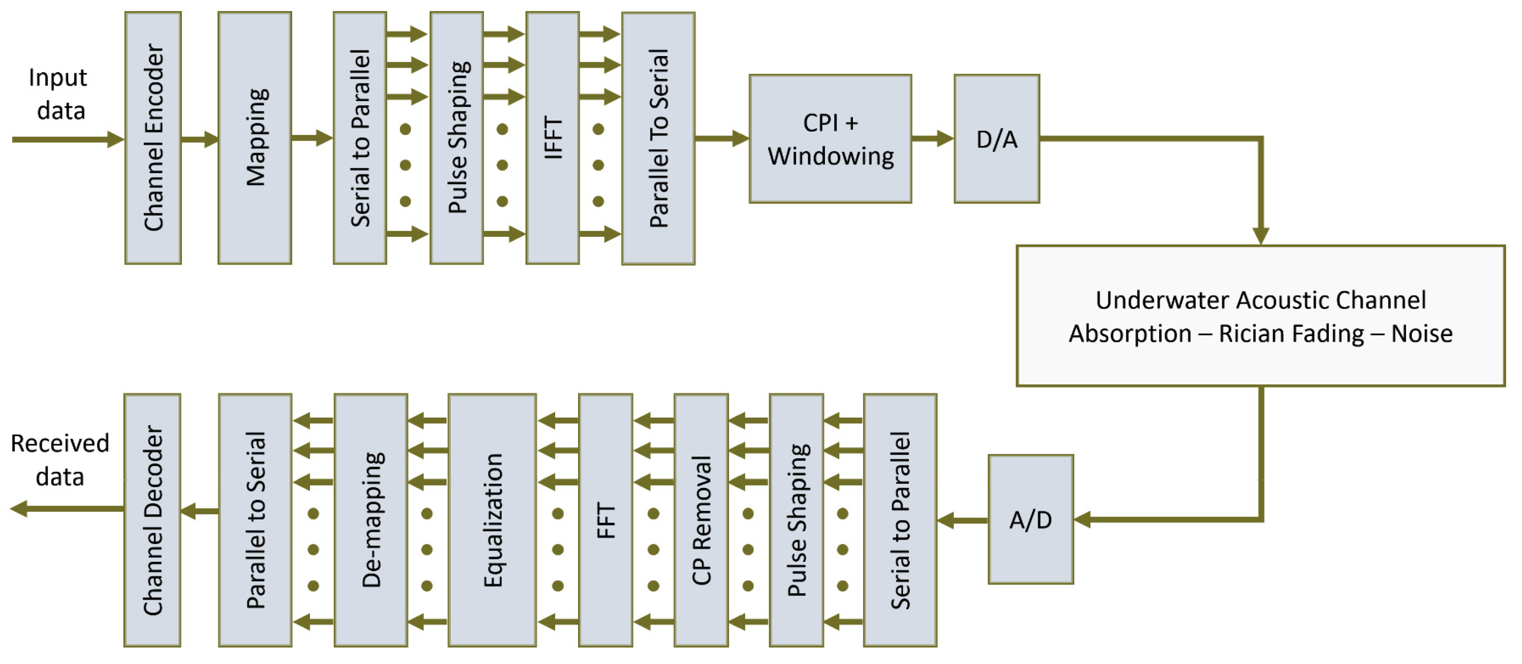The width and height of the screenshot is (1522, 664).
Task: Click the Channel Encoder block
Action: coord(153,138)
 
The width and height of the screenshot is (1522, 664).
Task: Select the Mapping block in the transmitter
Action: coord(255,138)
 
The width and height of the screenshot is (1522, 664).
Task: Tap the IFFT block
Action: coord(553,138)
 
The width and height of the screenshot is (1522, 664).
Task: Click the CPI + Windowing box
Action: coord(830,139)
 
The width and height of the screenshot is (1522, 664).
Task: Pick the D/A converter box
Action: coord(997,139)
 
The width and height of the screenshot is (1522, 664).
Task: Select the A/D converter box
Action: coord(1031,519)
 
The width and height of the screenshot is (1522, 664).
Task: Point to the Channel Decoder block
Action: coord(152,520)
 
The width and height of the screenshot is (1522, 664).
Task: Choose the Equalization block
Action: coord(492,520)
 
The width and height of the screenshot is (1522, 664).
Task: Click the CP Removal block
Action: coord(701,520)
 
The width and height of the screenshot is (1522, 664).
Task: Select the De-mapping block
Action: coord(371,520)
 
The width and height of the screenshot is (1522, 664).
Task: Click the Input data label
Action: coord(59,94)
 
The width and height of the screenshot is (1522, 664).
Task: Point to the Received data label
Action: coord(60,459)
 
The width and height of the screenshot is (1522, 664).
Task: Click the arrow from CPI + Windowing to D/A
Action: coord(932,139)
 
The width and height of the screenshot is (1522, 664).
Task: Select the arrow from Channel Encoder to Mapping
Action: coord(200,139)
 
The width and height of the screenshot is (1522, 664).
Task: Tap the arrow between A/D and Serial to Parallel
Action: coord(962,520)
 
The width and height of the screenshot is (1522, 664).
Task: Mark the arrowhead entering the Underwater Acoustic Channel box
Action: coord(1260,235)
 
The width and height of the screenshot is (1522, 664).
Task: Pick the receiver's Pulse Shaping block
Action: coord(796,520)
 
